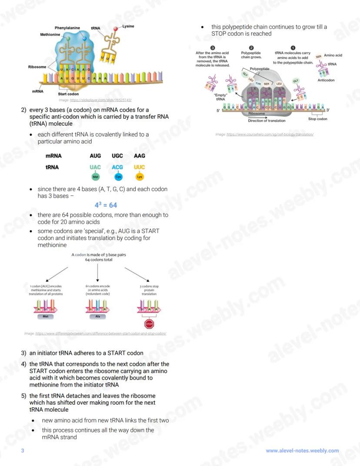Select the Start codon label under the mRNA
(68, 94)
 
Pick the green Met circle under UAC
(95, 177)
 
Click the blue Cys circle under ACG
(117, 177)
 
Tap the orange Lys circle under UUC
(140, 177)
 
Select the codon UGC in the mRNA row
(117, 156)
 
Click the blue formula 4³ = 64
(106, 205)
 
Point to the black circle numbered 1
(293, 47)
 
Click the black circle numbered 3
(213, 47)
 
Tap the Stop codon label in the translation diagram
(318, 119)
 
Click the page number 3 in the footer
(23, 451)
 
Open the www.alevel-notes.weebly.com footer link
(302, 451)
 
